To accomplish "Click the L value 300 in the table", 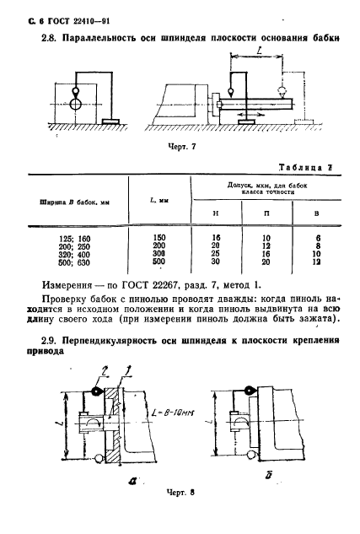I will [159, 255].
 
